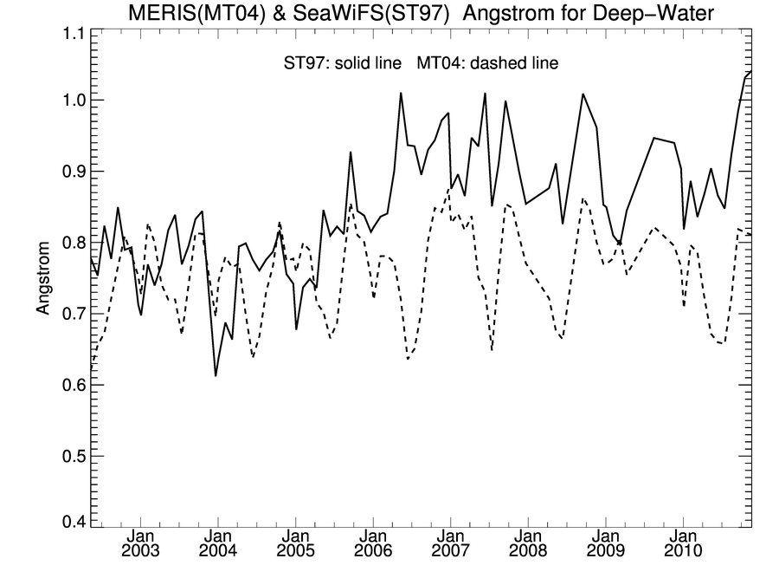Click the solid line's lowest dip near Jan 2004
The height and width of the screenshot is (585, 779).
216,375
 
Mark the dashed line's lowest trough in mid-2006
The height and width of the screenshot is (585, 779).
408,359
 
